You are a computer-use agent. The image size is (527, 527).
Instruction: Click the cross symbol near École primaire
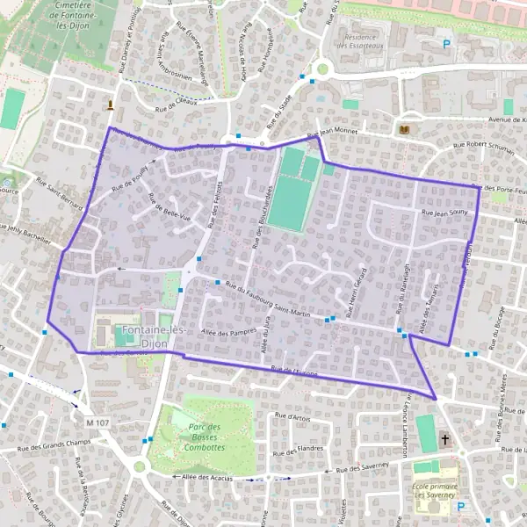point(445,439)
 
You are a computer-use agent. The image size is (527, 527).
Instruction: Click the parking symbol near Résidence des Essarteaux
point(446,44)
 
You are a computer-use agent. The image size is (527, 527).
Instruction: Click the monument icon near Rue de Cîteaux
point(110,105)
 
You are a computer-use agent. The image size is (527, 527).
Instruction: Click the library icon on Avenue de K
point(404,130)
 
